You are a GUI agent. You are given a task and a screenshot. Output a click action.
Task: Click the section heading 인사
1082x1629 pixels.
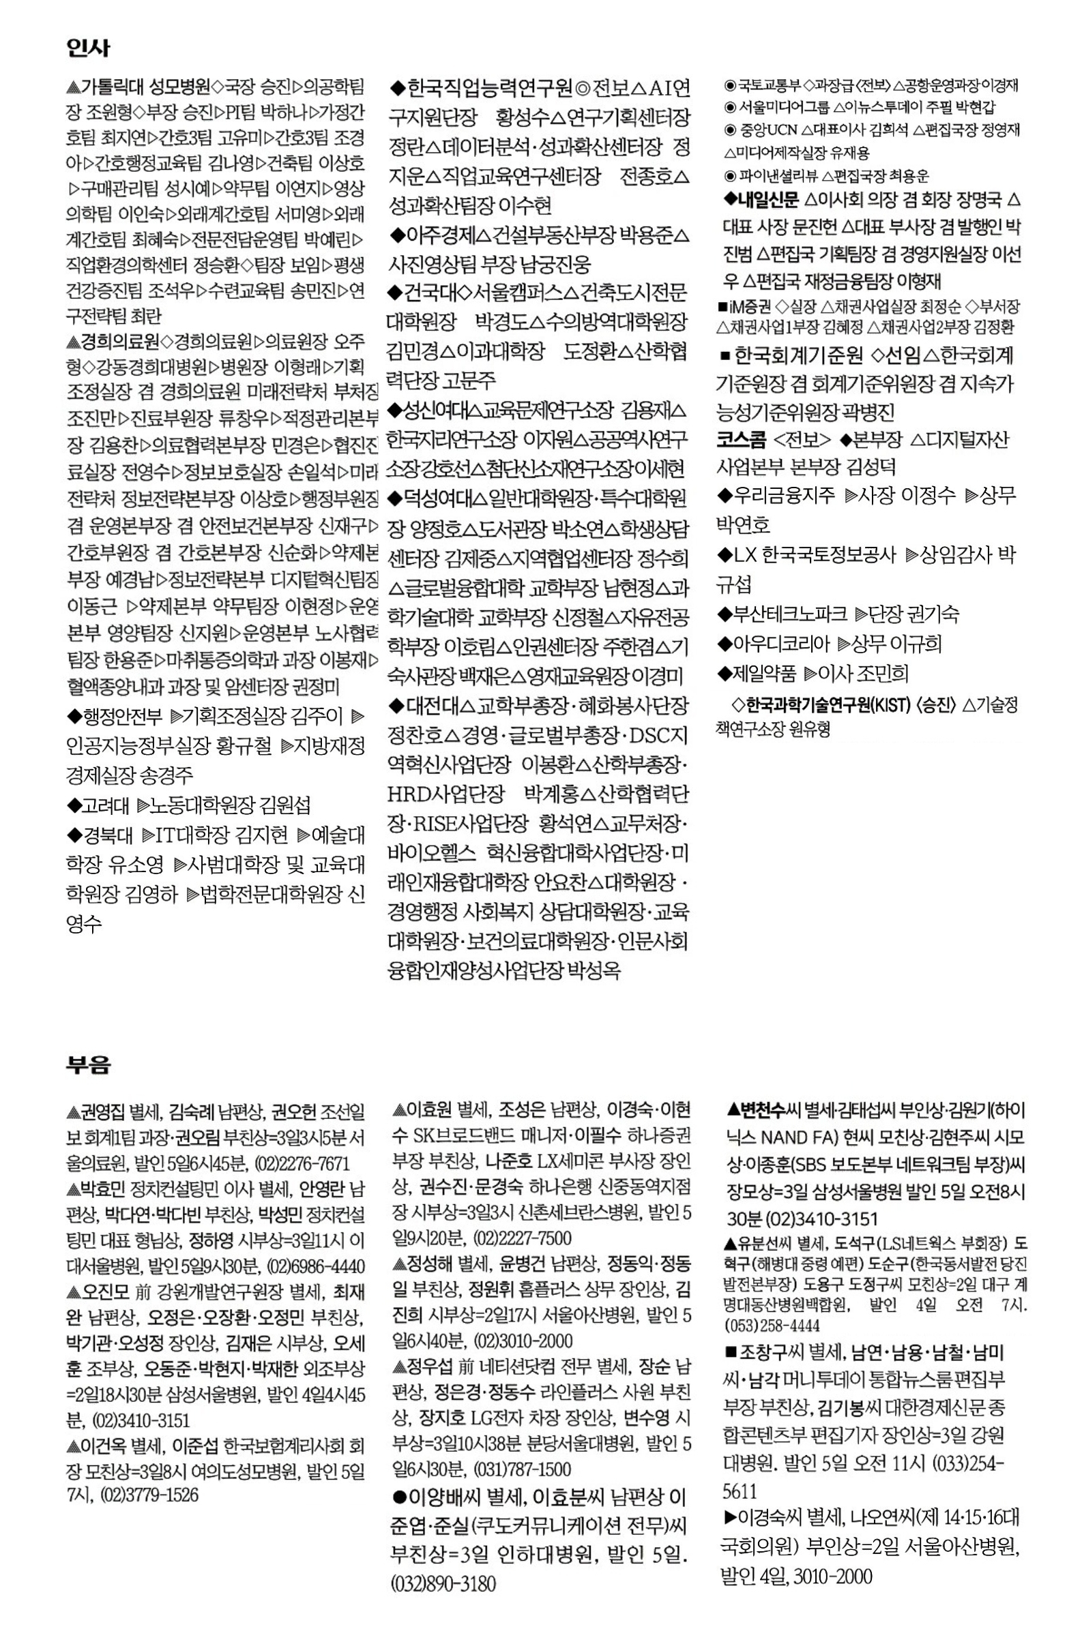point(87,48)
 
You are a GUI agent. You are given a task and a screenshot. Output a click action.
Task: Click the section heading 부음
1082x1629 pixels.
point(87,1065)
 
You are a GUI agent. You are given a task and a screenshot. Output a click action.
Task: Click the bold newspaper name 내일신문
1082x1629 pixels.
point(769,200)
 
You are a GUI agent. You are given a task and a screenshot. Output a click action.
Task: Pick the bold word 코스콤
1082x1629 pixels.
point(740,439)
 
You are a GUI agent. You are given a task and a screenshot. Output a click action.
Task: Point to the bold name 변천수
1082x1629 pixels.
point(763,1110)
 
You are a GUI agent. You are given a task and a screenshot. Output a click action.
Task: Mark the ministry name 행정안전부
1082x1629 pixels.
point(122,717)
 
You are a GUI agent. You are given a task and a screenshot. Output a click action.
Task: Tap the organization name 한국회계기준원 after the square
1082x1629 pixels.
point(798,355)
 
